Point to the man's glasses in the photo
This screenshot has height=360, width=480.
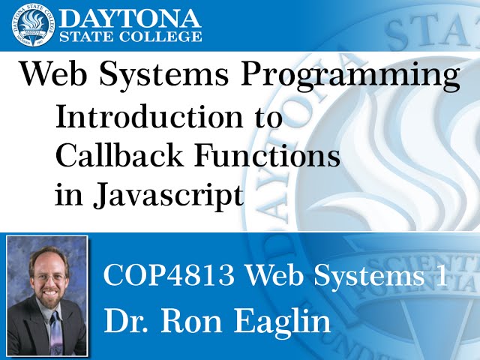(48, 277)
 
